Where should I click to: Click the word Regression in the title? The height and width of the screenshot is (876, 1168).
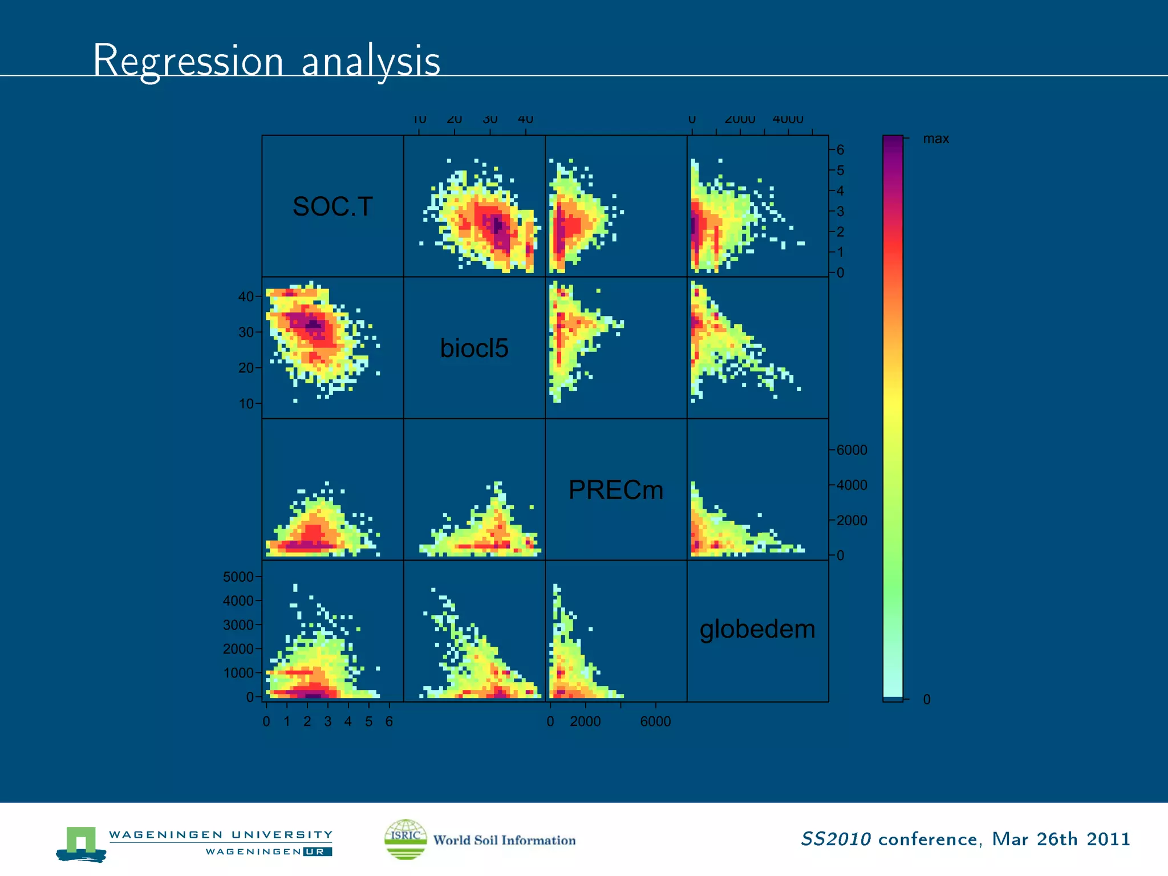(x=188, y=60)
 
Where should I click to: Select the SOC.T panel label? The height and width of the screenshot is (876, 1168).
(x=332, y=206)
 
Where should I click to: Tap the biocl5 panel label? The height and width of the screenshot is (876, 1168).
(x=474, y=348)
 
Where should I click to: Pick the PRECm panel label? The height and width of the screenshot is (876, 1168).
(x=616, y=490)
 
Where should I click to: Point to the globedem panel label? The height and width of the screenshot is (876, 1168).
(x=757, y=629)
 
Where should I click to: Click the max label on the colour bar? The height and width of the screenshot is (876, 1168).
(x=936, y=139)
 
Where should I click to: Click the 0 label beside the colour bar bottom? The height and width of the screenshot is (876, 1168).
(x=927, y=700)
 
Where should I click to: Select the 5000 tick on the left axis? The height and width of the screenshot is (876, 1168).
(x=238, y=577)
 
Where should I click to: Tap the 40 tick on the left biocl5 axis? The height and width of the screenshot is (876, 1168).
(x=246, y=297)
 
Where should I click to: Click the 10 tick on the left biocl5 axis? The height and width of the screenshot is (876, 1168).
(x=246, y=404)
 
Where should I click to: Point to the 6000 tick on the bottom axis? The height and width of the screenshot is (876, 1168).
(x=655, y=721)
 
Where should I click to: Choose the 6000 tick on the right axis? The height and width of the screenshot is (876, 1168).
(x=851, y=450)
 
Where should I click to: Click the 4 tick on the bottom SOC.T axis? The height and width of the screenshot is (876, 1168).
(x=348, y=721)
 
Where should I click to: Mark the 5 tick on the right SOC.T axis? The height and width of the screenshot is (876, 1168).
(x=840, y=171)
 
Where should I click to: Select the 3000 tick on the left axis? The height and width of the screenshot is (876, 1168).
(x=238, y=625)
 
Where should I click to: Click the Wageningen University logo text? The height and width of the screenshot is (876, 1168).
(x=221, y=835)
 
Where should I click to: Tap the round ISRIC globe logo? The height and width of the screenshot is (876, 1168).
(x=405, y=839)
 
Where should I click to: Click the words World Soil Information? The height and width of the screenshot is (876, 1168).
(x=504, y=840)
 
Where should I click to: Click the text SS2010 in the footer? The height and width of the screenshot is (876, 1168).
(x=836, y=839)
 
